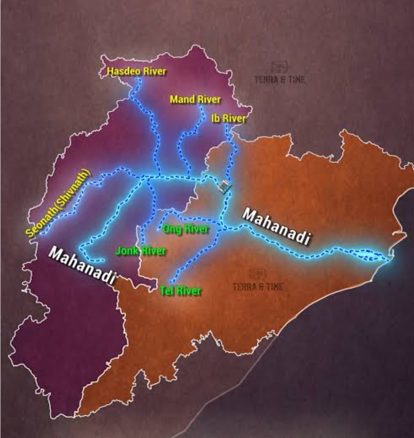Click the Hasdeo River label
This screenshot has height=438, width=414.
coord(136,71)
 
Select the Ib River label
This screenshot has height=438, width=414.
coord(228,119)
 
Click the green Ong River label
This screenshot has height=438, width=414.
coord(186,229)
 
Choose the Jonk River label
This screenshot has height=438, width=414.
coord(140,251)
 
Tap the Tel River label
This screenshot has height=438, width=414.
coord(181,291)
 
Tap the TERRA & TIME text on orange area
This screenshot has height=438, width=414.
coord(258,286)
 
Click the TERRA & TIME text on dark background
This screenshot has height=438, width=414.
coord(280,79)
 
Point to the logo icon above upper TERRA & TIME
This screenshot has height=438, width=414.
coord(280,67)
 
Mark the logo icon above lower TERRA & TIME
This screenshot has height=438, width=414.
coord(258,274)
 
